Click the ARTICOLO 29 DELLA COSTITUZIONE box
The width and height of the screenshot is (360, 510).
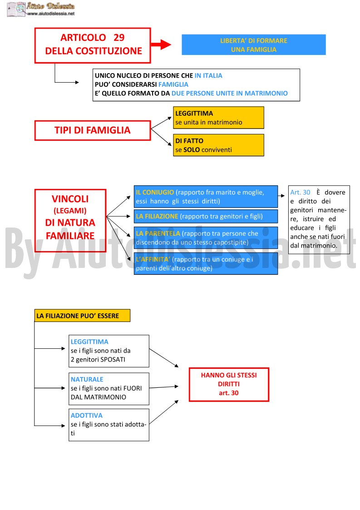[x=93, y=45]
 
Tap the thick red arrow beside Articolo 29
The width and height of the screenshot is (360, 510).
[x=161, y=45]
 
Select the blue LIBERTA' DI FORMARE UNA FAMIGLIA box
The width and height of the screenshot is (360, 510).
[x=254, y=45]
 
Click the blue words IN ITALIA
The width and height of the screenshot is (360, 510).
[x=208, y=75]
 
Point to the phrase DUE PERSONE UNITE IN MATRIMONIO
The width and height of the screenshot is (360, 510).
[x=230, y=94]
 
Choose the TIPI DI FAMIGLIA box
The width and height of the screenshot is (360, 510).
[x=93, y=130]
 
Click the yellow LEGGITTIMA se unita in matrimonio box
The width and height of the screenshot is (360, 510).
[x=218, y=118]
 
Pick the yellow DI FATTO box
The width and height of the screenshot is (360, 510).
[x=218, y=145]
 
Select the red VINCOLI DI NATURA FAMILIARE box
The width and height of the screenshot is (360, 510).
[x=70, y=221]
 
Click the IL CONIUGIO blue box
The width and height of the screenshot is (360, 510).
[x=206, y=197]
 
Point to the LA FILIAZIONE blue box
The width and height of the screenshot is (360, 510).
[x=206, y=216]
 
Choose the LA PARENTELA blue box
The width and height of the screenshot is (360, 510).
[x=206, y=238]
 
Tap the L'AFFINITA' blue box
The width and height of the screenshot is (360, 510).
[x=206, y=264]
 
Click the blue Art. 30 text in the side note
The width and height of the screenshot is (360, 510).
[x=300, y=192]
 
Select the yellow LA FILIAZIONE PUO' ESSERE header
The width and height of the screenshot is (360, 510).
[x=82, y=316]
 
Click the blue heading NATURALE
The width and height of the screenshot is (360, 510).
[x=87, y=379]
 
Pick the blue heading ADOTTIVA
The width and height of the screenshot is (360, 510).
[x=87, y=416]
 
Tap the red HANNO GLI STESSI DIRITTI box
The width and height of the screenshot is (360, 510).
[x=229, y=385]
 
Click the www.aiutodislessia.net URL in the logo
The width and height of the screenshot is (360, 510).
[x=51, y=14]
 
